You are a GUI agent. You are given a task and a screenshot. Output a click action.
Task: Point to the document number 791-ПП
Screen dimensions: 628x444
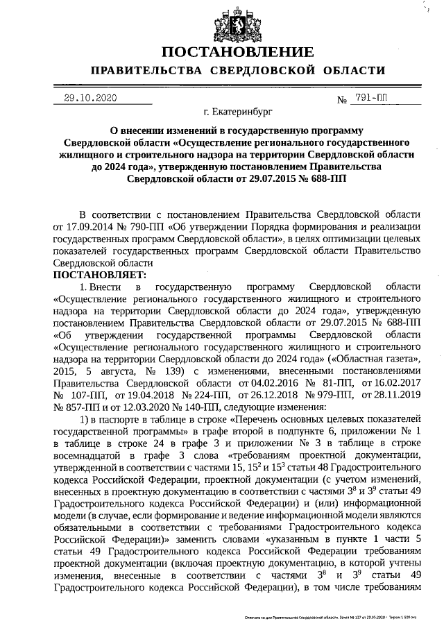click(372, 98)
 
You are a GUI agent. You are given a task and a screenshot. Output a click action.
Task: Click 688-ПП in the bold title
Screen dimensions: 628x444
click(325, 178)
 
